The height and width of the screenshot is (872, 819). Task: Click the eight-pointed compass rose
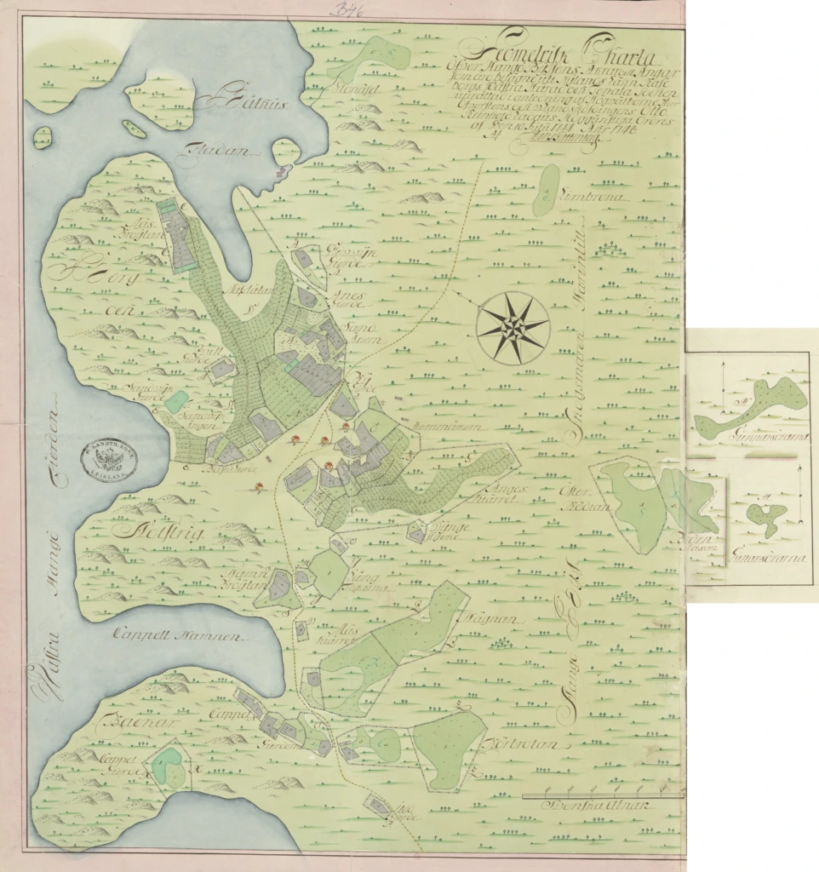click(513, 327)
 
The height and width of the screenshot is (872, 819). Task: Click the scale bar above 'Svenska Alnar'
click(601, 795)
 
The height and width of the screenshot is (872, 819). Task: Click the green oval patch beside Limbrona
click(545, 190)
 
